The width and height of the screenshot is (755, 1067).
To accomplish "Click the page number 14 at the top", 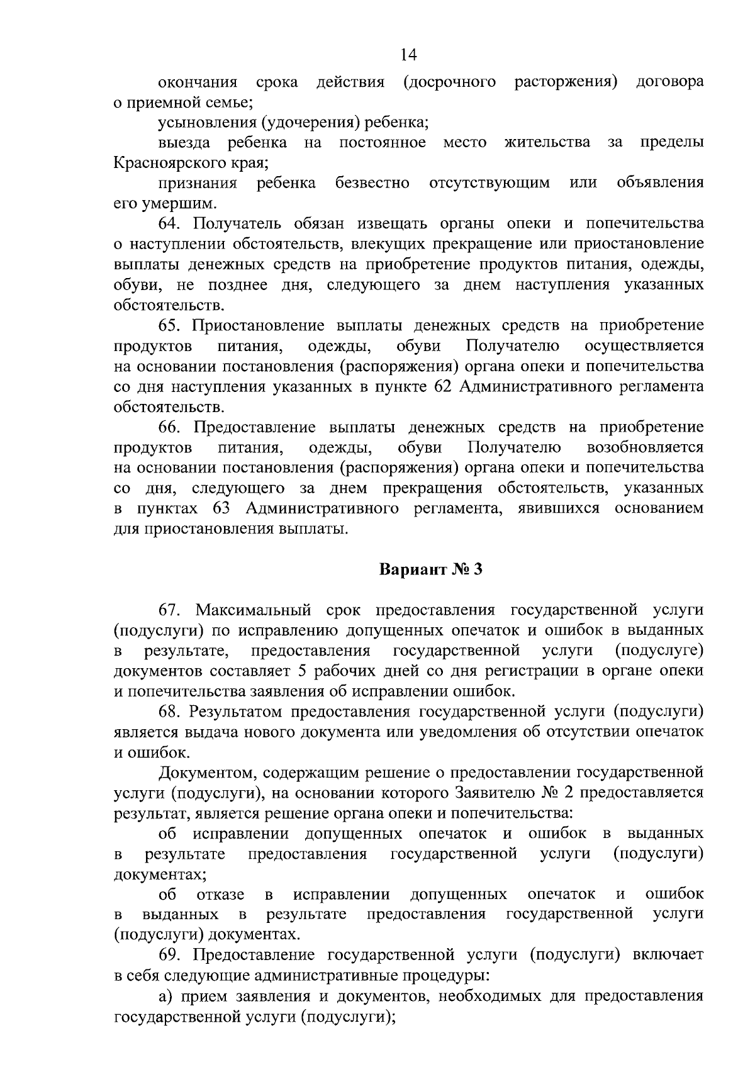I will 408,55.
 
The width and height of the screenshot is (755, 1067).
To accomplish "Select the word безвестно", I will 372,183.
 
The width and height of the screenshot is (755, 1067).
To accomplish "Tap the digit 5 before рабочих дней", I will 302,671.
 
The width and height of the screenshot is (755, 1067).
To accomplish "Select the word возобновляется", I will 645,447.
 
